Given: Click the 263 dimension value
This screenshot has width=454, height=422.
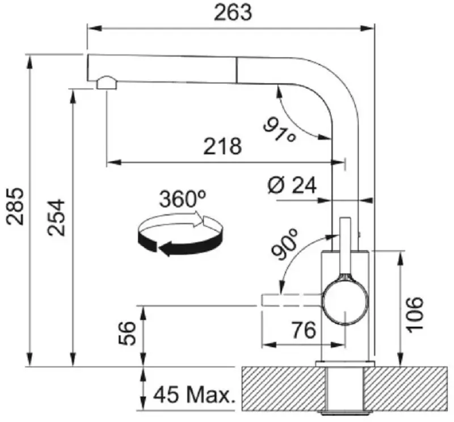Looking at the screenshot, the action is click(233, 12).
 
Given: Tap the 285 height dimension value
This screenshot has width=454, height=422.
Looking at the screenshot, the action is click(15, 206).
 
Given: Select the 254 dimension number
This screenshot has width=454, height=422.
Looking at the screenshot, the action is click(56, 217).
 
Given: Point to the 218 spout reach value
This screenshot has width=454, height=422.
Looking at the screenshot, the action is click(222, 146).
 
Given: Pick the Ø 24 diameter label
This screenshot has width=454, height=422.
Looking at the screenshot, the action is click(292, 185).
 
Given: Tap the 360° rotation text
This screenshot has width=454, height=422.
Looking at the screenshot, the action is click(183, 199).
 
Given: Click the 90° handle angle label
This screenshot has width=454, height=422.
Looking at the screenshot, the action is click(285, 244).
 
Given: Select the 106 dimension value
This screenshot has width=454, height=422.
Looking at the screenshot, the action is click(414, 315).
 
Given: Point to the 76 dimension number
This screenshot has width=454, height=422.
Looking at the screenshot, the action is click(304, 330).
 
